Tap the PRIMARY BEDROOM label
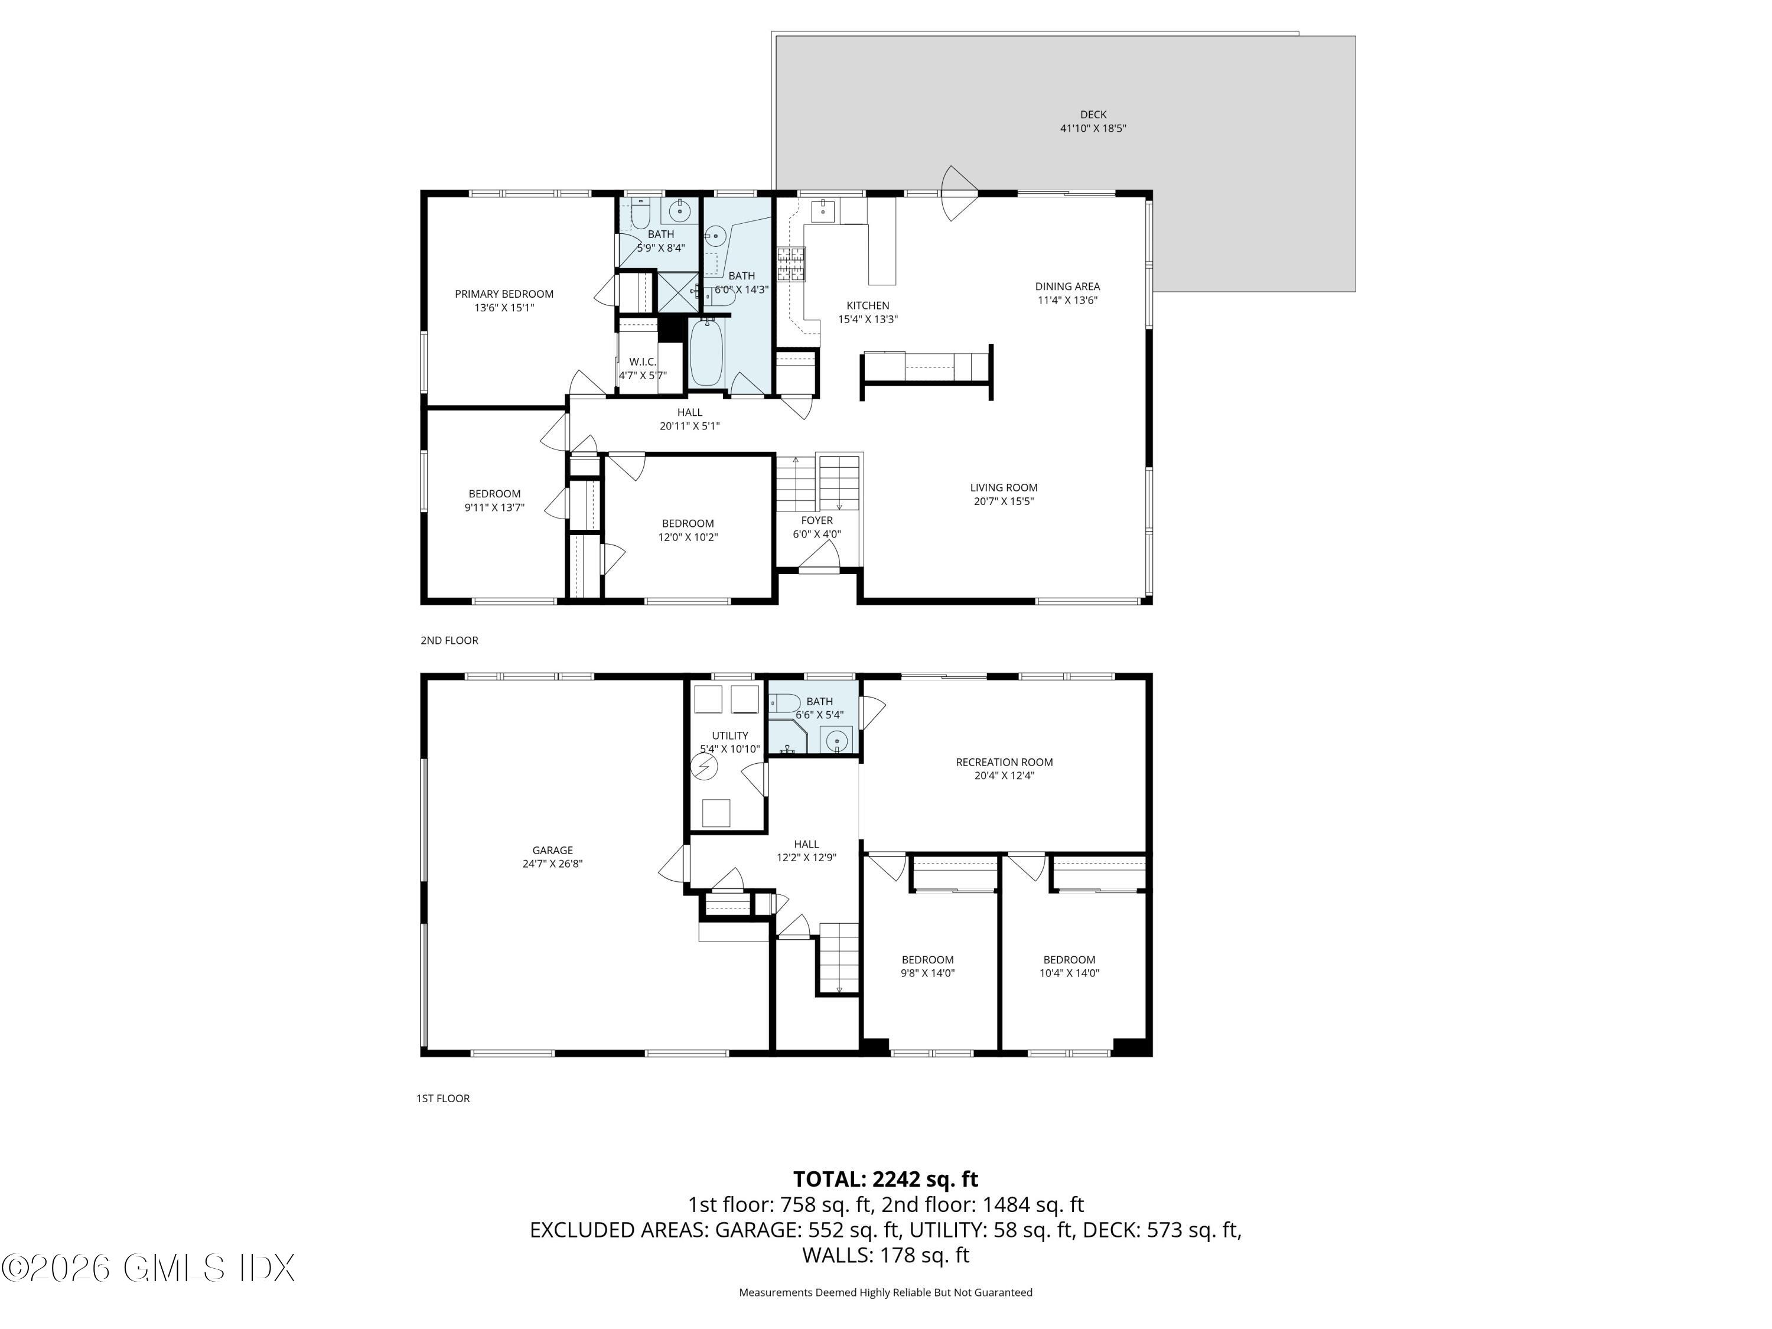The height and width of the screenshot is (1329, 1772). pyautogui.click(x=504, y=294)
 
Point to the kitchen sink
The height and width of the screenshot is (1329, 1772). pyautogui.click(x=823, y=212)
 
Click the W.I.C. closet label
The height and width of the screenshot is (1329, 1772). pyautogui.click(x=643, y=362)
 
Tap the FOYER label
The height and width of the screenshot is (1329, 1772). pyautogui.click(x=816, y=521)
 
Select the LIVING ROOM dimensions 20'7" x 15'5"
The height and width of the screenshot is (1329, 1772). pyautogui.click(x=1004, y=501)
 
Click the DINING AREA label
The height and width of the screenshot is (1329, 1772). pyautogui.click(x=1067, y=286)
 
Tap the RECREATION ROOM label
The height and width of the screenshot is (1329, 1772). pyautogui.click(x=1004, y=762)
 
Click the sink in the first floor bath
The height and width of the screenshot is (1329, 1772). pyautogui.click(x=837, y=741)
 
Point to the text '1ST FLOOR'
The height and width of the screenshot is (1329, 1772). pyautogui.click(x=443, y=1098)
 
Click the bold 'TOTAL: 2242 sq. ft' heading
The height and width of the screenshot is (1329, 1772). pyautogui.click(x=885, y=1179)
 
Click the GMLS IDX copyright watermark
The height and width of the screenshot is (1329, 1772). pyautogui.click(x=148, y=1268)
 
